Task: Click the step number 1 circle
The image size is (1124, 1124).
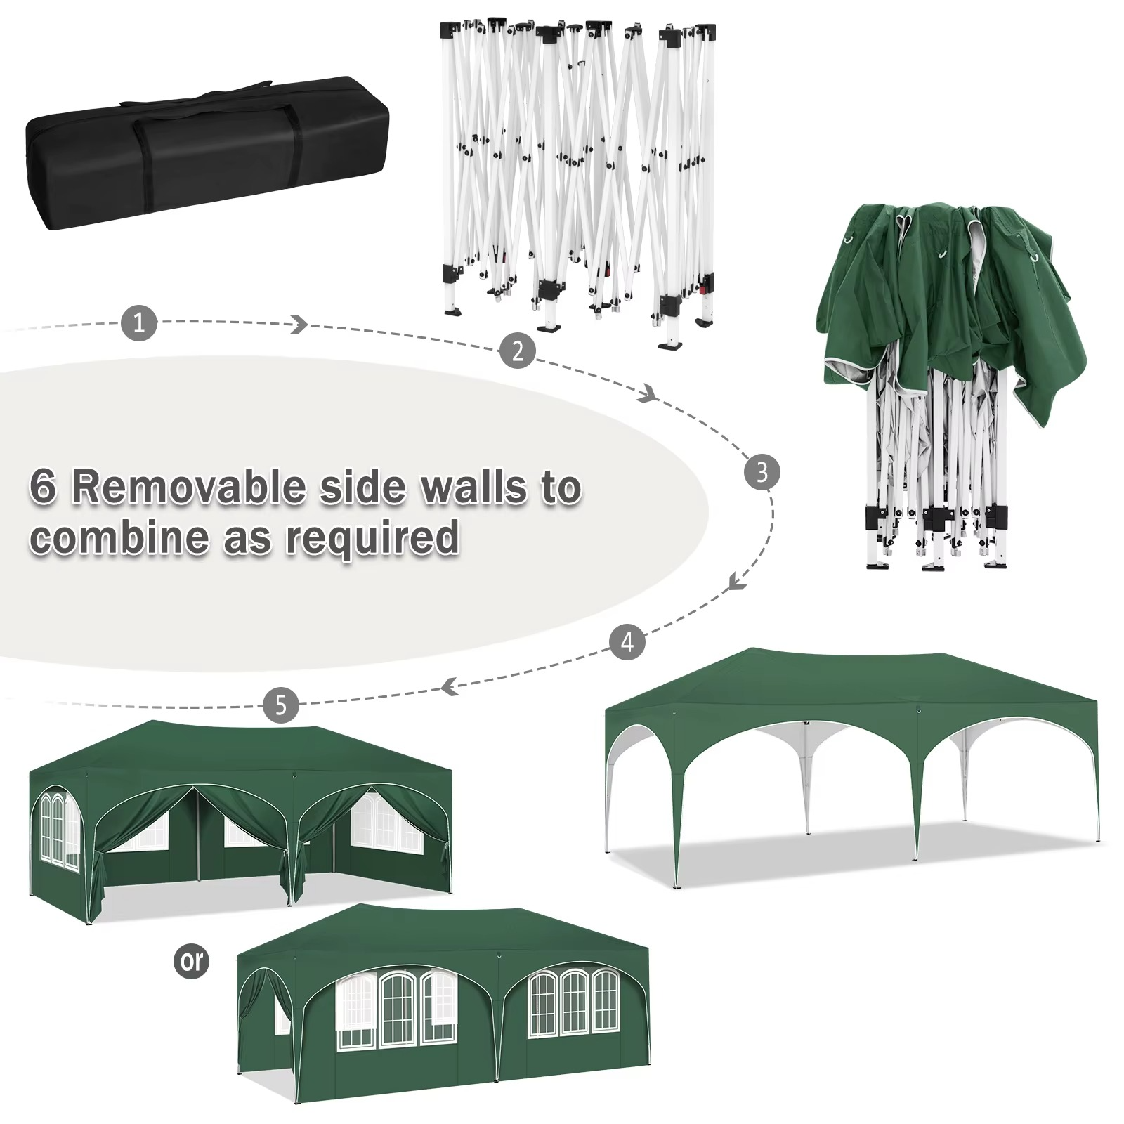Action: pyautogui.click(x=139, y=323)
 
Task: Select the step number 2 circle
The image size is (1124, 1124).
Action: pyautogui.click(x=518, y=350)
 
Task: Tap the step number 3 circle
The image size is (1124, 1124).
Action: pyautogui.click(x=762, y=472)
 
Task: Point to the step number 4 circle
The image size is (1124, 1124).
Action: pyautogui.click(x=627, y=641)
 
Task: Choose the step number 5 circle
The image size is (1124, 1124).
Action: pyautogui.click(x=281, y=705)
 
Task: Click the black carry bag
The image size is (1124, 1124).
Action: pyautogui.click(x=209, y=153)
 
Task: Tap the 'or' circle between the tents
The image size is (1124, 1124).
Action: pyautogui.click(x=191, y=960)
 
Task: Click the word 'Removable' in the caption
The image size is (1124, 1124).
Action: pyautogui.click(x=189, y=487)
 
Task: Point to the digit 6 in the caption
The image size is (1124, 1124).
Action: pyautogui.click(x=43, y=487)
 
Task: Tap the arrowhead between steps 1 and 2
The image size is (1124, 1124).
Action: pyautogui.click(x=300, y=324)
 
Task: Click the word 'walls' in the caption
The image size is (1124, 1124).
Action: pyautogui.click(x=474, y=487)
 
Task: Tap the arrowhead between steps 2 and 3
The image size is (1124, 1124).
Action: pyautogui.click(x=648, y=396)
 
